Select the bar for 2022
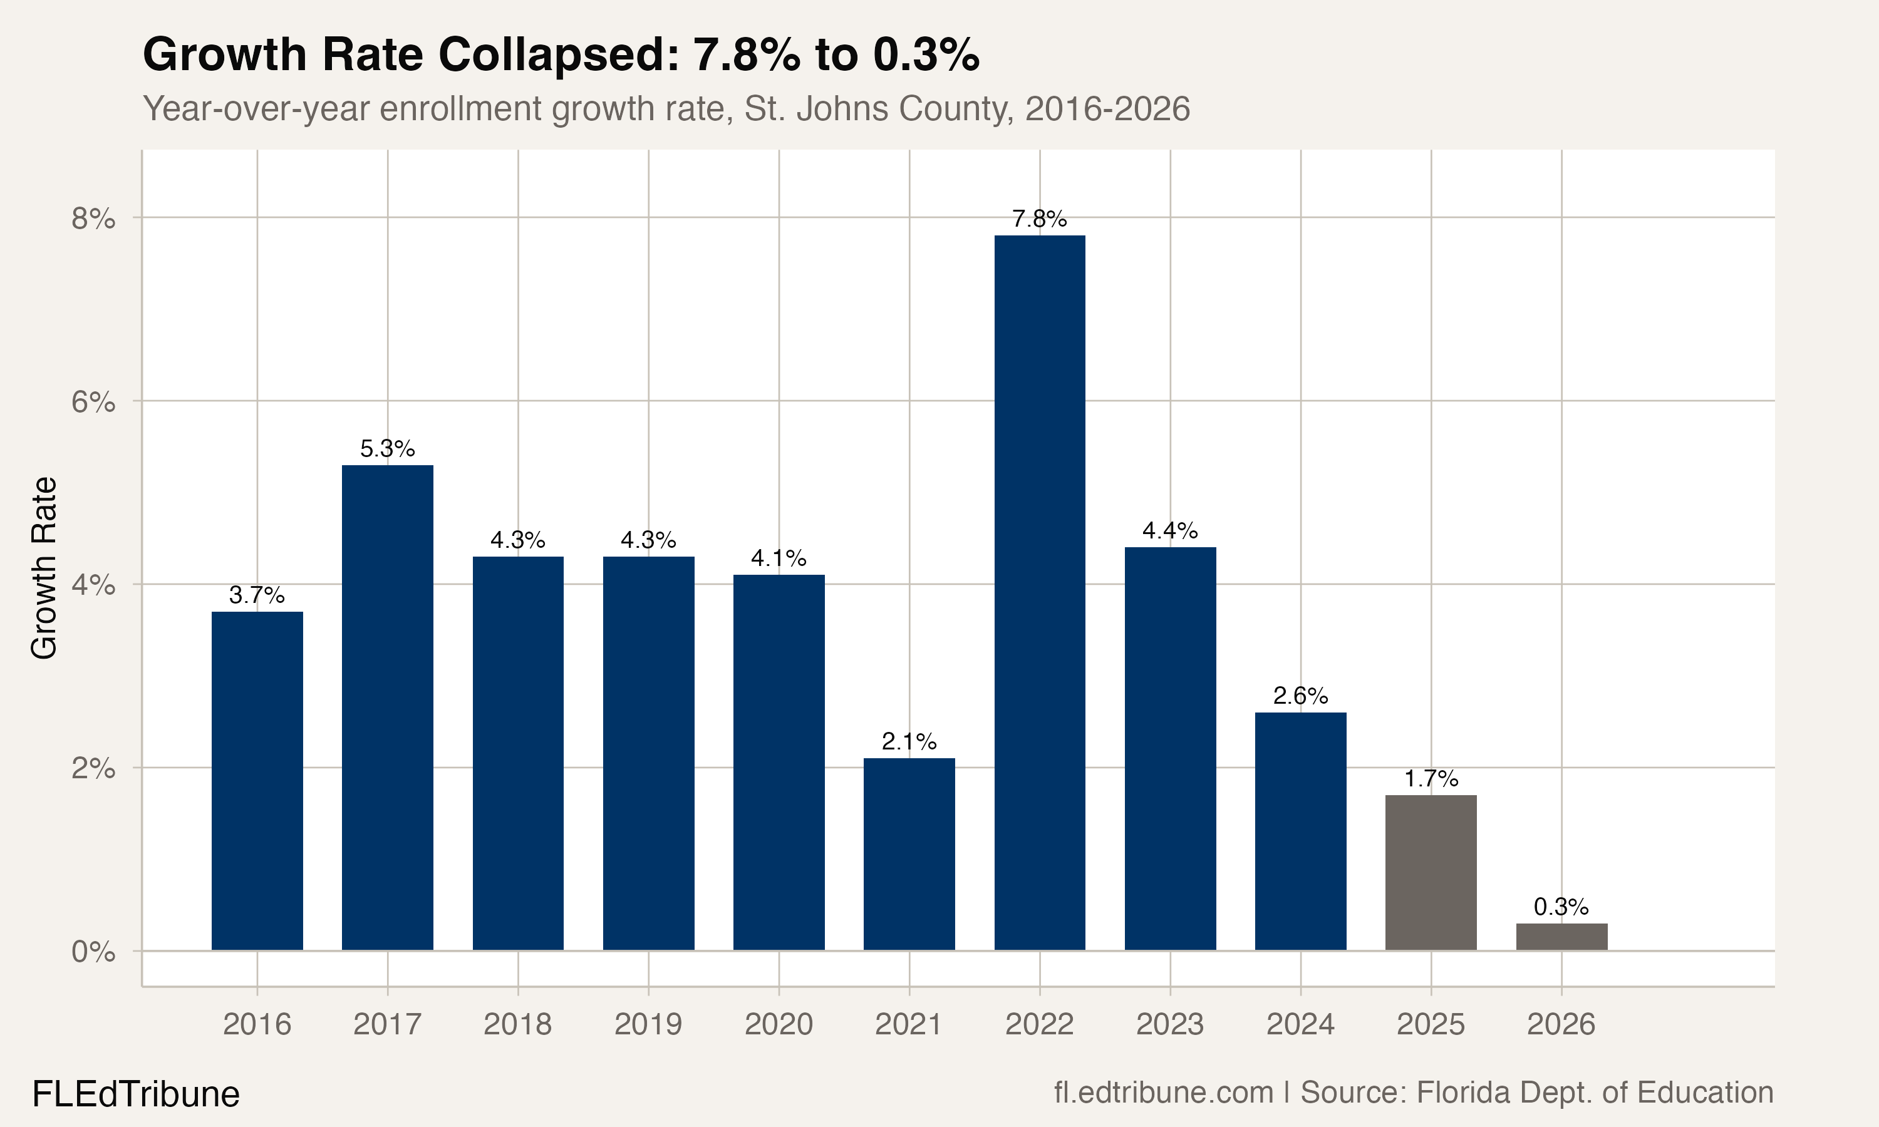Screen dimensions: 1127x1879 (1039, 592)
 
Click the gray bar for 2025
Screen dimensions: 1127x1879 (1431, 873)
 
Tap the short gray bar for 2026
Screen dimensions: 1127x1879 (1561, 937)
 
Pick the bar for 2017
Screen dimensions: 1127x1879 (387, 707)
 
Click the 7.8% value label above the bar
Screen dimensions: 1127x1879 (1039, 220)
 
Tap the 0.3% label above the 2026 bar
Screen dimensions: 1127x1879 (1561, 907)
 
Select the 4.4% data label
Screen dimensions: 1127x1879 (1169, 530)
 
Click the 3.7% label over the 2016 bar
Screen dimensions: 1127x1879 (257, 595)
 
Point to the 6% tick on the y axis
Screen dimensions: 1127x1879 (93, 402)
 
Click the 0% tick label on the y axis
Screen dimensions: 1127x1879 (93, 952)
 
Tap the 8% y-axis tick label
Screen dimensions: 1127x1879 (93, 219)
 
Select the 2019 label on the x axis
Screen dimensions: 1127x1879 (648, 1024)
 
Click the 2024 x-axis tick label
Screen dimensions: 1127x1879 (1300, 1024)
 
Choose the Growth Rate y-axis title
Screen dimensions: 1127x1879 (44, 568)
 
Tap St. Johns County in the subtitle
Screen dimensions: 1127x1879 (878, 108)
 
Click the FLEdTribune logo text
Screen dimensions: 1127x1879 (135, 1094)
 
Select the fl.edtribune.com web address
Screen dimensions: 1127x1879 (1163, 1092)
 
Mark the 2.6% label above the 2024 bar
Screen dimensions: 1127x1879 (1300, 696)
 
